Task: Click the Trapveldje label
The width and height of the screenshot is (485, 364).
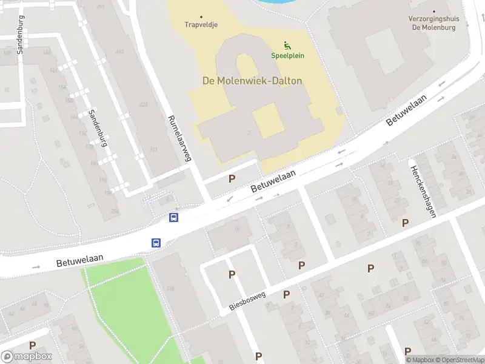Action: pos(201,25)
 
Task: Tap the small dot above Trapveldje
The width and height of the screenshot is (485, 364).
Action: pos(201,17)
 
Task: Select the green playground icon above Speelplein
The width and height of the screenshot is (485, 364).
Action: pos(287,45)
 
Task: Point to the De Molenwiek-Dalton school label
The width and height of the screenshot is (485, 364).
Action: pos(252,81)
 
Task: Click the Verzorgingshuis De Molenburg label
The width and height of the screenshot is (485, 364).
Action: pos(433,23)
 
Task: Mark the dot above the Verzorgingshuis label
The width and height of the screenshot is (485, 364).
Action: pos(434,11)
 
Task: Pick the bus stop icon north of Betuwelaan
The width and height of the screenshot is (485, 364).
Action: pos(174,217)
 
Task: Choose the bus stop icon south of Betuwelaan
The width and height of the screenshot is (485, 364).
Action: pos(156,243)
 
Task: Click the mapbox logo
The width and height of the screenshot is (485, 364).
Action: pos(27,357)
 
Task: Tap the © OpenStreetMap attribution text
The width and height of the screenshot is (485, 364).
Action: pos(459,360)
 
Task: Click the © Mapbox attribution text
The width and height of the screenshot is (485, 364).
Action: pos(419,360)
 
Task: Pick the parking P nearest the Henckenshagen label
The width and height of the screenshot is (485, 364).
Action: pos(405,223)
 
